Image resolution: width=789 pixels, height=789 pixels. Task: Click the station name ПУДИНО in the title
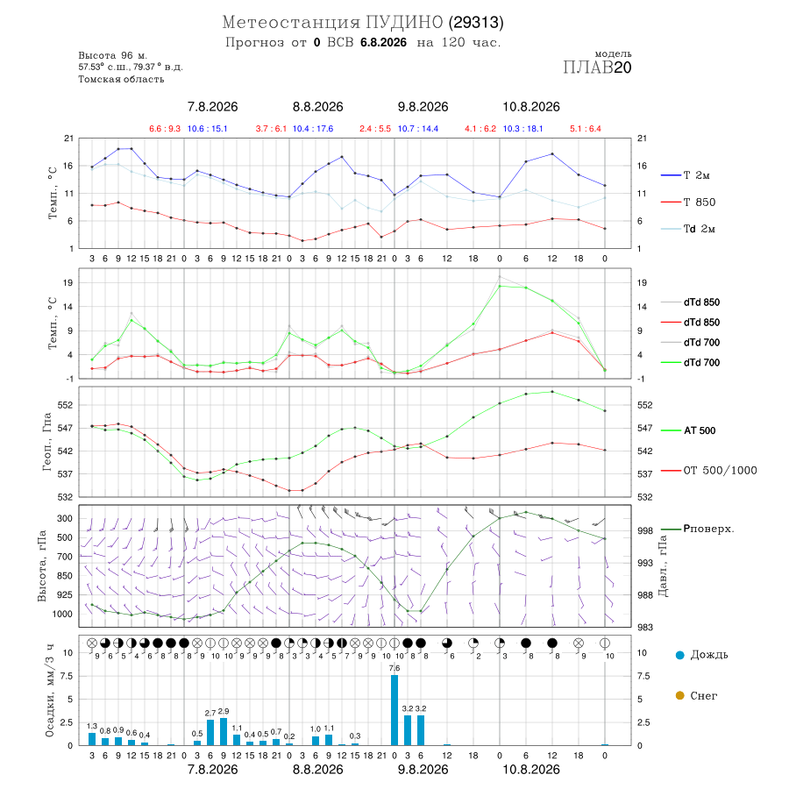coord(404,23)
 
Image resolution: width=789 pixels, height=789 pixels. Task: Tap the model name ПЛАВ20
coord(597,68)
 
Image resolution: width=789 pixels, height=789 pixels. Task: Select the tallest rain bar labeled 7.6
coord(394,710)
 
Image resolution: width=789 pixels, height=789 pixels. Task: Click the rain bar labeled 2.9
coord(224,732)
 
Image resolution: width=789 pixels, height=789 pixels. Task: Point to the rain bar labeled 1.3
coord(92,739)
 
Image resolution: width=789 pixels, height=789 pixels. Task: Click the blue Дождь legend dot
coord(679,655)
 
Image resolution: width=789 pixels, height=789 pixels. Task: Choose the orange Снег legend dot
coord(679,695)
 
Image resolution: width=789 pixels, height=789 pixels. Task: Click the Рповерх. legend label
coord(708,529)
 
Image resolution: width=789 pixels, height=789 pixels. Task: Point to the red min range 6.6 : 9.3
coord(165,129)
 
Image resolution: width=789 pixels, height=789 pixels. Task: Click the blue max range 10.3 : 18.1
coord(522,129)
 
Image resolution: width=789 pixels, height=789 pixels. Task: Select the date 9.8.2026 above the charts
coord(423,107)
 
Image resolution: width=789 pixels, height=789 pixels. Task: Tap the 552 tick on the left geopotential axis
coord(66,405)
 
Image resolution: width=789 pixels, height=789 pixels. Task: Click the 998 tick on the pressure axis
coord(644,531)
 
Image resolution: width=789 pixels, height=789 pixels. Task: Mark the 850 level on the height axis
coord(64,576)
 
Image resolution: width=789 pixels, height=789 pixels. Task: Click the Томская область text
coord(121,79)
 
